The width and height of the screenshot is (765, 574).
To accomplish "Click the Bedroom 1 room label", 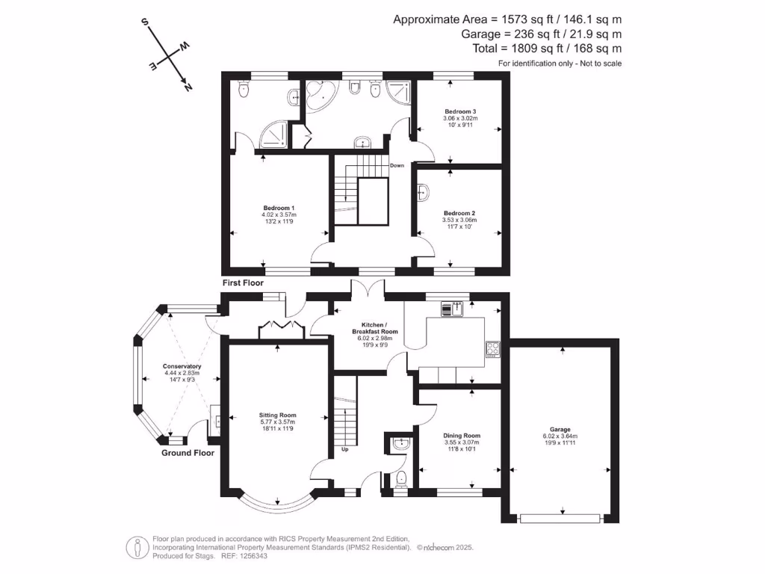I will coord(279,208).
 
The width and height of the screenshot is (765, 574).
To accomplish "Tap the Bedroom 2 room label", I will coord(459,213).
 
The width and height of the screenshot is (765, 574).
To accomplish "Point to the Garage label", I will coord(560,430).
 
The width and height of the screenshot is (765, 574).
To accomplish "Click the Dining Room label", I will coord(462,436).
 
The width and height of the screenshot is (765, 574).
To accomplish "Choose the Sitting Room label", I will coord(278,415).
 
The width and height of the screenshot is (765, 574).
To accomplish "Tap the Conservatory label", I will coord(182,366).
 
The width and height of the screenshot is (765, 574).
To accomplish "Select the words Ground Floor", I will coord(188,453).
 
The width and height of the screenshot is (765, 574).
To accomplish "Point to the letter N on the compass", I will coord(188,87).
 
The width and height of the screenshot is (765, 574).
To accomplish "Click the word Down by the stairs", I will coord(397,166).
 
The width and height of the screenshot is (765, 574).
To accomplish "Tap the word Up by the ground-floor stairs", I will coord(345,450).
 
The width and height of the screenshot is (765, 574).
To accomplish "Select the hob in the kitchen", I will coord(493,348).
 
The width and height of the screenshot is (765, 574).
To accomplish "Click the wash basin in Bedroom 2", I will coord(424,194).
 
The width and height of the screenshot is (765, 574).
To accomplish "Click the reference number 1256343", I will coord(252,557).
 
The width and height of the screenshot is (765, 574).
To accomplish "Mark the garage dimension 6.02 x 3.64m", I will coord(560,437).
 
